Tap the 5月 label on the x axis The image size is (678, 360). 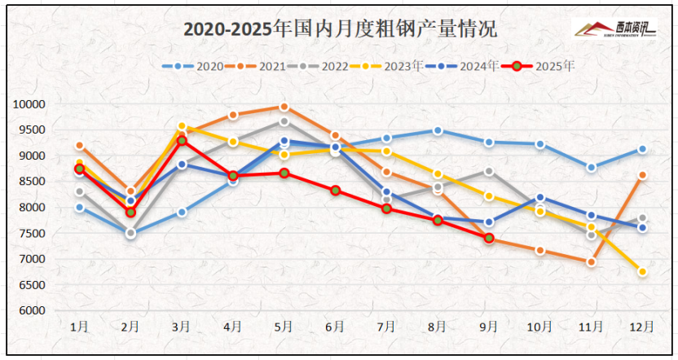[x=283, y=327]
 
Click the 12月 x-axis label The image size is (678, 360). [x=642, y=327]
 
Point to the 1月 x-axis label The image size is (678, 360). [x=79, y=327]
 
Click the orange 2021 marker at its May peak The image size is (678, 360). [x=284, y=107]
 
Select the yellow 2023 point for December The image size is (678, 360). [x=642, y=272]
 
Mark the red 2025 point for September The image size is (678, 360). [x=489, y=238]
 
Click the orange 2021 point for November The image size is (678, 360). [x=591, y=262]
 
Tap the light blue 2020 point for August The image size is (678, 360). [x=438, y=130]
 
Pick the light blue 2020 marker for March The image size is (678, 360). [x=182, y=212]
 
